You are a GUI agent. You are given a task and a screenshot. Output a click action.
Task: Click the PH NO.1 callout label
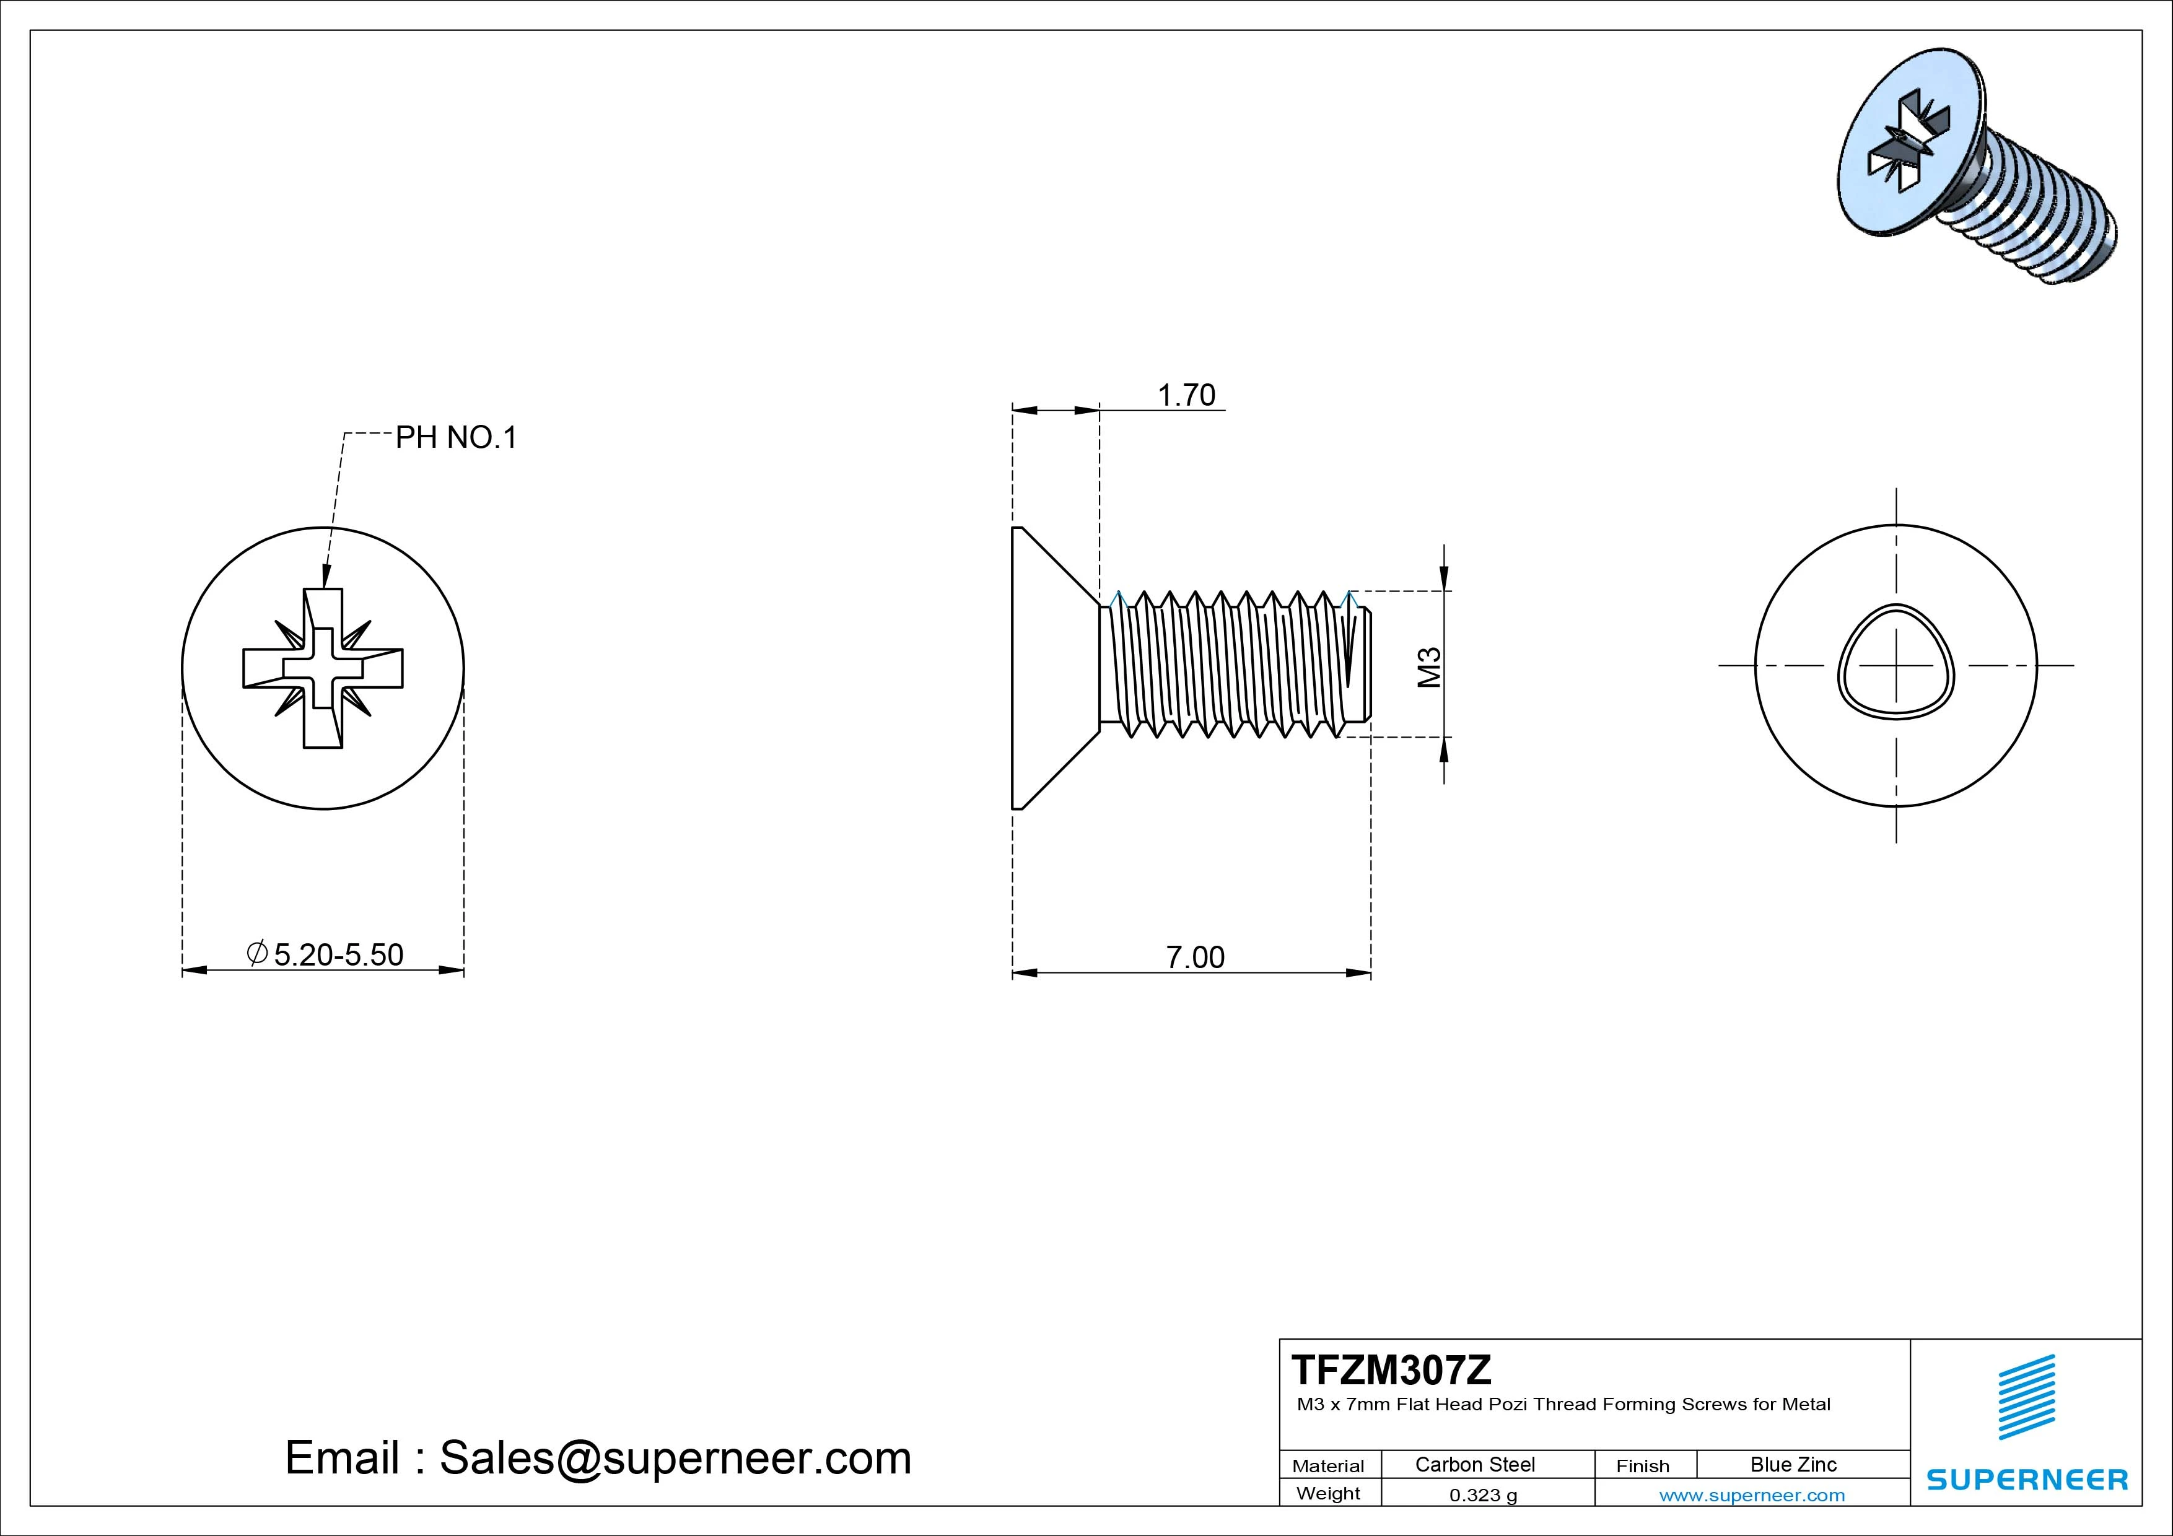[x=456, y=437]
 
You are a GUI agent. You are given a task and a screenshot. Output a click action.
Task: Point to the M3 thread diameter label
[x=1429, y=666]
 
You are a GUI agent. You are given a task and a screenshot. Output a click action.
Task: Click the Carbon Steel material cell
[x=1474, y=1464]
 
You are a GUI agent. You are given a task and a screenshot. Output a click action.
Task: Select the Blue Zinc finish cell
[x=1793, y=1464]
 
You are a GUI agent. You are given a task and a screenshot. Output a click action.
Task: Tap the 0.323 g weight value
[x=1482, y=1495]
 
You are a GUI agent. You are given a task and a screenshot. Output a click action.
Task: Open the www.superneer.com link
[x=1752, y=1495]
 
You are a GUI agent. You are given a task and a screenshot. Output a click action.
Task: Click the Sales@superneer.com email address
[x=675, y=1457]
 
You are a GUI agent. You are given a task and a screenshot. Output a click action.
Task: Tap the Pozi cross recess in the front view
[x=323, y=668]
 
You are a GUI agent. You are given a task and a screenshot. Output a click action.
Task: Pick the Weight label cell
[x=1328, y=1493]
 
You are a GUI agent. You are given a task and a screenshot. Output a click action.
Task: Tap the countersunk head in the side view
[x=1046, y=668]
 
